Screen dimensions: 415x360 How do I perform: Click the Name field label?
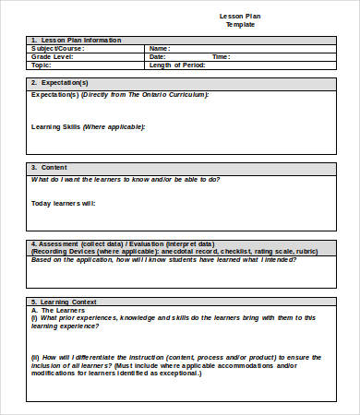tap(160, 49)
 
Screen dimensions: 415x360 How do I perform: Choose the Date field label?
tap(158, 57)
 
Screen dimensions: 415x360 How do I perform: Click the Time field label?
tap(221, 57)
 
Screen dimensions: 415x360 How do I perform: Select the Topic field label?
tap(42, 65)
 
